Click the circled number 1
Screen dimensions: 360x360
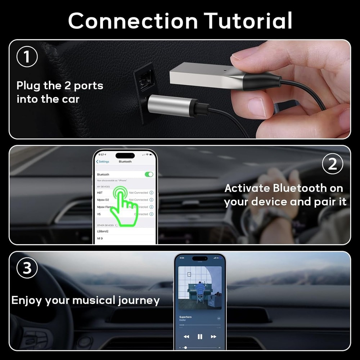pos(27,57)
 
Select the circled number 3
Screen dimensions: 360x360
pos(27,269)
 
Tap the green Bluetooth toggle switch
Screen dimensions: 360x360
pos(149,174)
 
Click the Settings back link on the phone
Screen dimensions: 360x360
pos(103,162)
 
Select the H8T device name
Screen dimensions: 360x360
pos(100,193)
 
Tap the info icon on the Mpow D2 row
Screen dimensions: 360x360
pos(151,200)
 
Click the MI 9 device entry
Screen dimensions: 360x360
pos(100,238)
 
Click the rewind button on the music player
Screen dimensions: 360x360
pos(186,337)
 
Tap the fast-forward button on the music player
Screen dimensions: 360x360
pos(213,337)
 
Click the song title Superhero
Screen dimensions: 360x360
pos(185,317)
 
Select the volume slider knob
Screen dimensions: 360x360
pos(185,347)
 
